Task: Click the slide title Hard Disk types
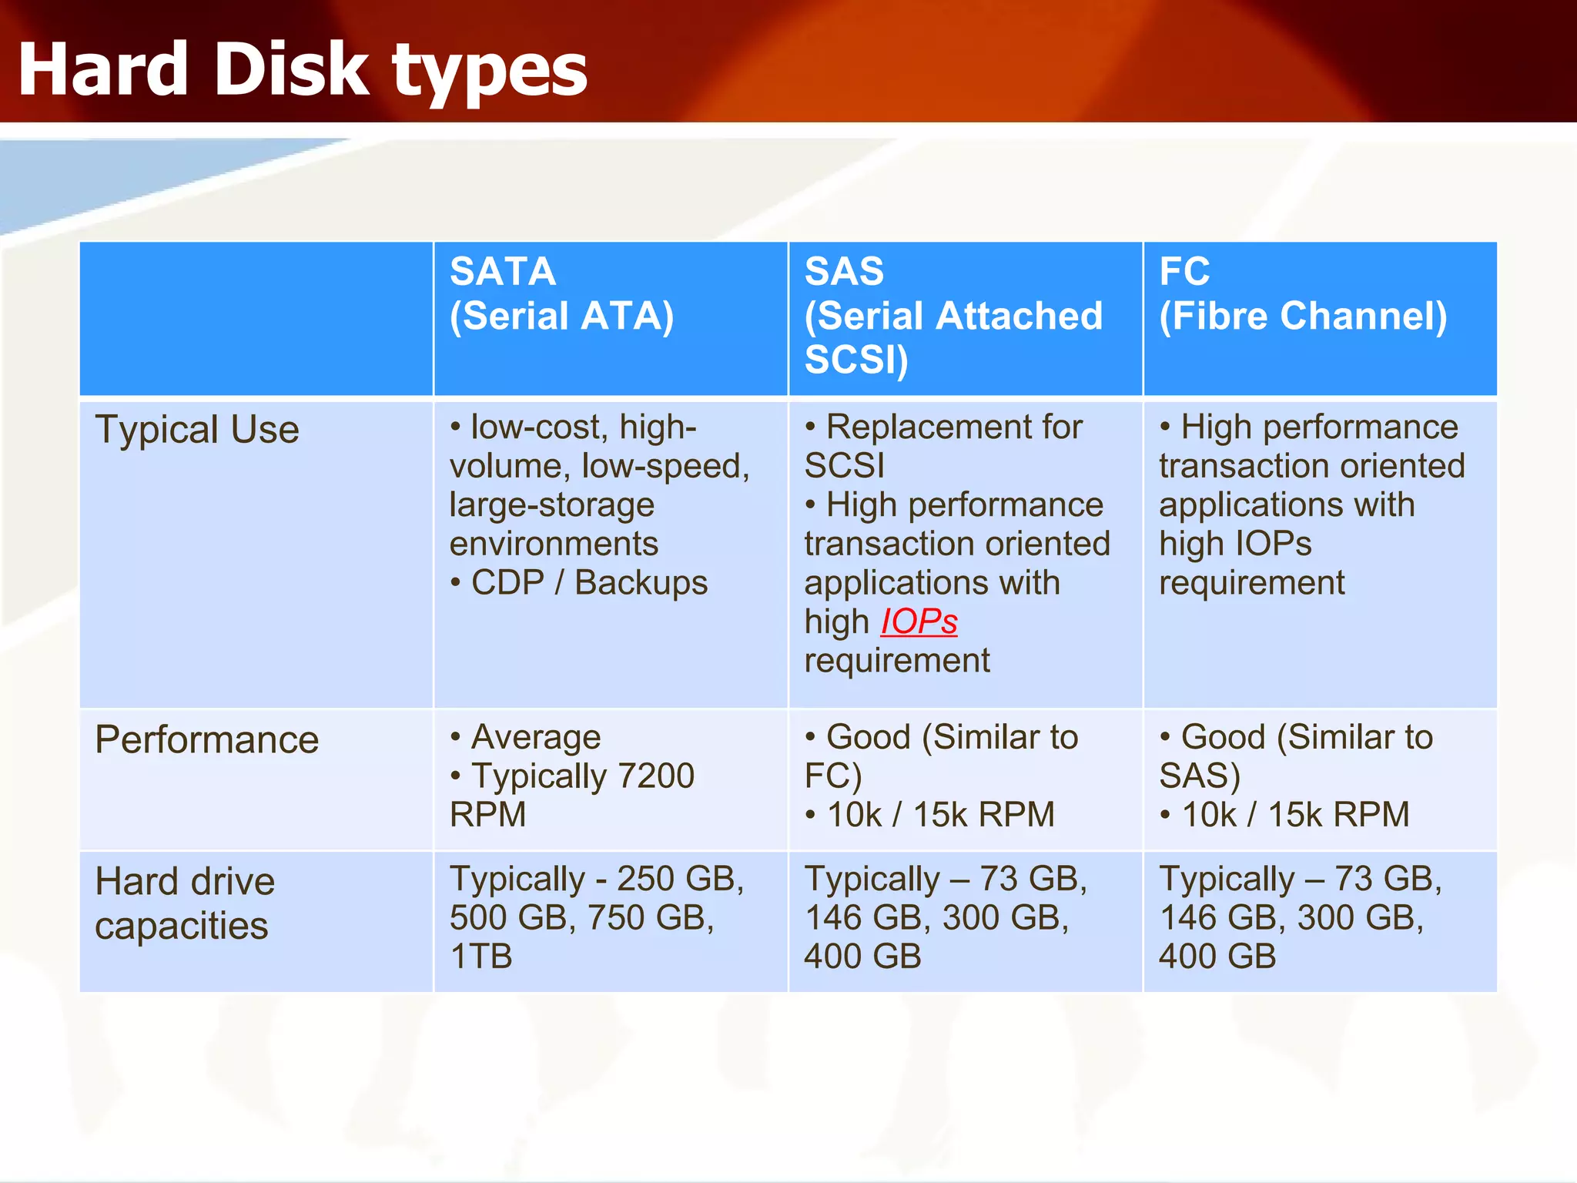pyautogui.click(x=302, y=71)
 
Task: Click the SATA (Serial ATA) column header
pyautogui.click(x=561, y=293)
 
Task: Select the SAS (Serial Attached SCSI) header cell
pyautogui.click(x=953, y=316)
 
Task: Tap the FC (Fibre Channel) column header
pyautogui.click(x=1303, y=293)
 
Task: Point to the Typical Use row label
pyautogui.click(x=197, y=430)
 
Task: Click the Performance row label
pyautogui.click(x=206, y=740)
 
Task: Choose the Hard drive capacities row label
pyautogui.click(x=185, y=903)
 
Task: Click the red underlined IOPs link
pyautogui.click(x=919, y=622)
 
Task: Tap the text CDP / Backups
pyautogui.click(x=589, y=583)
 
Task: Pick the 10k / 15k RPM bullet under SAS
pyautogui.click(x=940, y=815)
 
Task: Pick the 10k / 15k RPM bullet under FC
pyautogui.click(x=1295, y=815)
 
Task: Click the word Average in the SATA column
pyautogui.click(x=536, y=737)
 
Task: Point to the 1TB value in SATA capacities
pyautogui.click(x=481, y=957)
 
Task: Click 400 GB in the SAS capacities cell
pyautogui.click(x=862, y=957)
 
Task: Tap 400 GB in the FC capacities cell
pyautogui.click(x=1217, y=957)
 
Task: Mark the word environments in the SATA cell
pyautogui.click(x=554, y=544)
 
